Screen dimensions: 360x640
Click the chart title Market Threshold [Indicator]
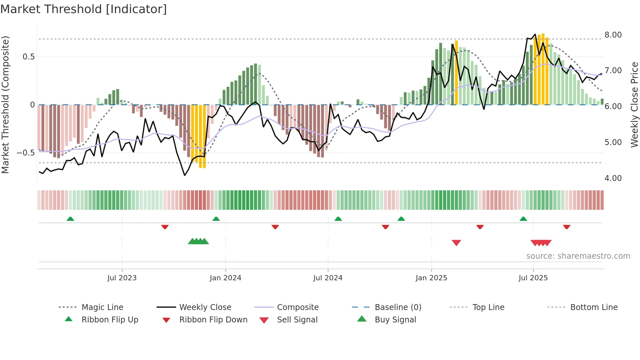tap(84, 9)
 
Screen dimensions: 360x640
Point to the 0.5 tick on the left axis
tap(28, 57)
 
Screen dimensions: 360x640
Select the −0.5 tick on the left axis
tap(25, 153)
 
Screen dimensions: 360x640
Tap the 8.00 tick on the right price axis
tap(613, 35)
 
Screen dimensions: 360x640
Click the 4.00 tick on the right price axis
tap(613, 178)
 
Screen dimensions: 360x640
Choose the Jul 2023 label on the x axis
tap(122, 278)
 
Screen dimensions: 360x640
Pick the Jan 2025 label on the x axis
tap(431, 278)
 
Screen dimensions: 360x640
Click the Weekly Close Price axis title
tap(634, 105)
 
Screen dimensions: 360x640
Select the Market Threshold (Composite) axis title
tap(5, 105)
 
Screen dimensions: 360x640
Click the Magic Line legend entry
tap(102, 307)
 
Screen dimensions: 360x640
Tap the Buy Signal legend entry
tap(395, 320)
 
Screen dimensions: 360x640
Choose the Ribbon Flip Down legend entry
tap(213, 320)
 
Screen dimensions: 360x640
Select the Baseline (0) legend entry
tap(398, 307)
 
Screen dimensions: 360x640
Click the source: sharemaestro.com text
tap(578, 256)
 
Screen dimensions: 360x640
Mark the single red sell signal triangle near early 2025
tap(456, 242)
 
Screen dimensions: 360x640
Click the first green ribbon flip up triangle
tap(70, 219)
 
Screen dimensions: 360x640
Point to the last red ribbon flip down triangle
tap(567, 227)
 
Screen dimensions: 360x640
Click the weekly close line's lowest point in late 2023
tap(185, 175)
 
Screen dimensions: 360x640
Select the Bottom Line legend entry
tap(594, 307)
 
